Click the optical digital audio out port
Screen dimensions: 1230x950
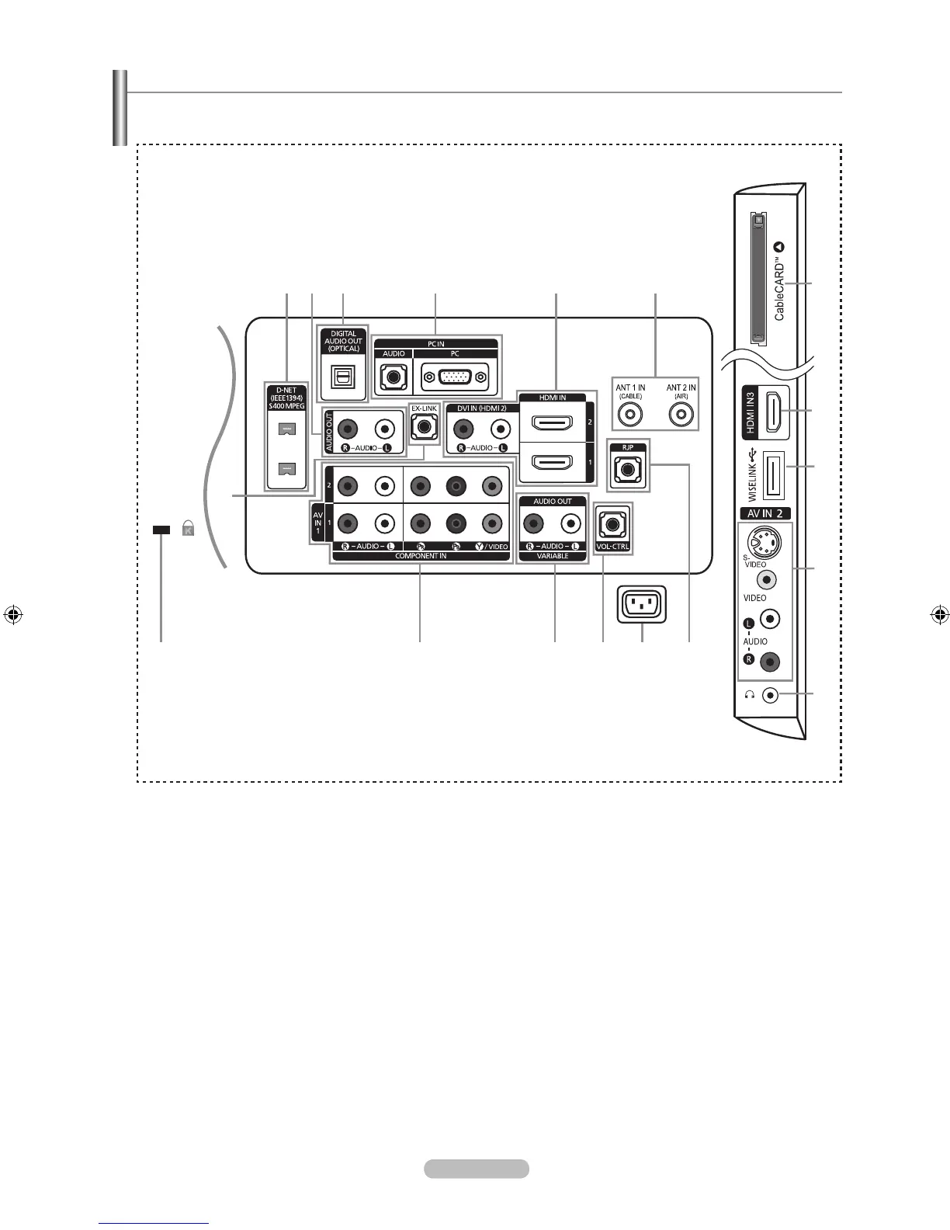click(343, 377)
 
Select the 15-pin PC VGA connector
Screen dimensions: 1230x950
click(455, 378)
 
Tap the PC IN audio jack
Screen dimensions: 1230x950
click(394, 379)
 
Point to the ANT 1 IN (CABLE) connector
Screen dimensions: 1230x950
click(630, 415)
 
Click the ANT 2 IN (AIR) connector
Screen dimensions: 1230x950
click(681, 415)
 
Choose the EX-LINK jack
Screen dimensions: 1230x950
click(424, 426)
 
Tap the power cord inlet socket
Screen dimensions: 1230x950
click(642, 604)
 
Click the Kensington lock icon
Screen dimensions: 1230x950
click(187, 530)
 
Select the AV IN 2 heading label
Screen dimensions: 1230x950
click(764, 513)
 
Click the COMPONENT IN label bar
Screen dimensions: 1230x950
click(421, 556)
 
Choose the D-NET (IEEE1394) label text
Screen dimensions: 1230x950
click(286, 398)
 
